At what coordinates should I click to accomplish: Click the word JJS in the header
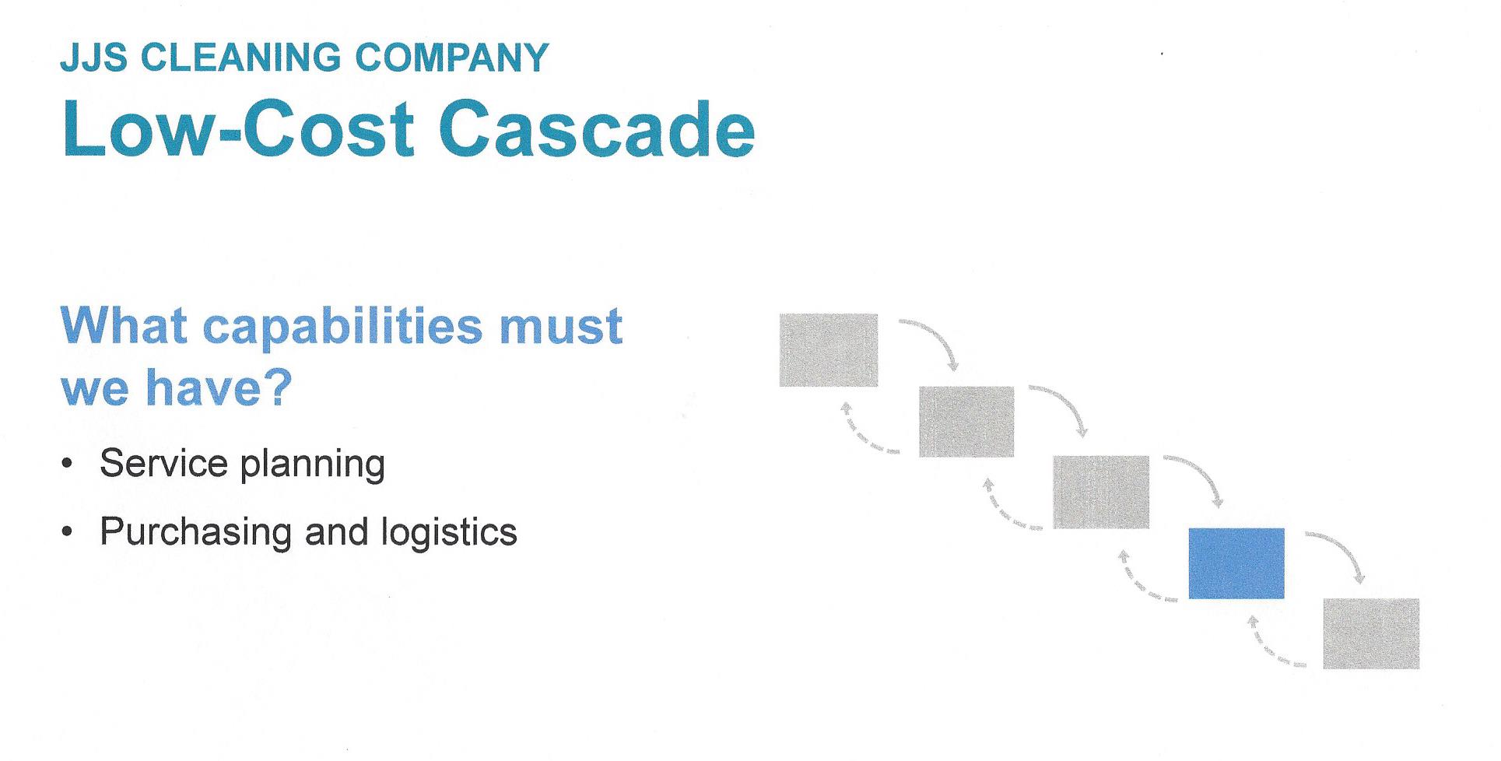tap(93, 58)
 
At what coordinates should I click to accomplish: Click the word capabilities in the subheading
tap(343, 327)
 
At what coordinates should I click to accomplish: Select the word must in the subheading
tap(561, 327)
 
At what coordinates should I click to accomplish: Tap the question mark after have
tap(279, 388)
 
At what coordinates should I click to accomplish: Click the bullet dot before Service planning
tap(68, 465)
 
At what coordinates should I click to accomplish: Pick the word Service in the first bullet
tap(163, 463)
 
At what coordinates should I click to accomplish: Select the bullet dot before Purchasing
tap(68, 533)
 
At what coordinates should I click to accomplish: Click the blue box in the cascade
tap(1236, 563)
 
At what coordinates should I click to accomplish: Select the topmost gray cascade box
tap(828, 350)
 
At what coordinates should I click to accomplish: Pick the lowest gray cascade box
tap(1371, 633)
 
